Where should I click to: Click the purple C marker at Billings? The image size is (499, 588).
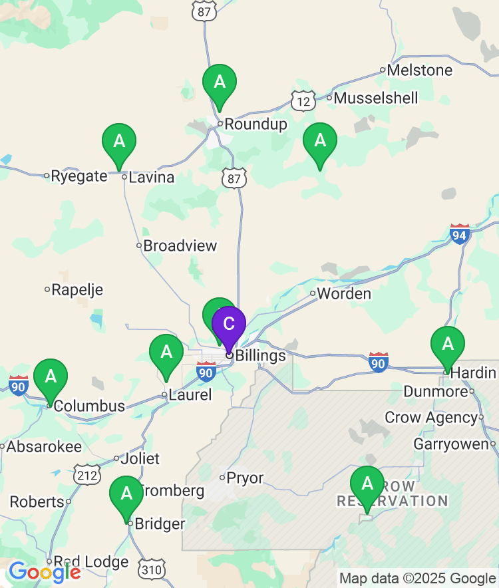tap(229, 324)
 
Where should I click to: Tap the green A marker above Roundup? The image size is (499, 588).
tap(219, 82)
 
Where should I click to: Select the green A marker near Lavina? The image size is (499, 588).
tap(119, 141)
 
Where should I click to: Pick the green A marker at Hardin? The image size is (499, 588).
tap(448, 344)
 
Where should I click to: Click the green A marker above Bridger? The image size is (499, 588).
tap(126, 494)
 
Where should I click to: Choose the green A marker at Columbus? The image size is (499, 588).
tap(51, 376)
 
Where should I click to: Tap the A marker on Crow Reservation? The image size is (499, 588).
tap(367, 484)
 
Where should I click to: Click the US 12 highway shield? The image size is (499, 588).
tap(303, 100)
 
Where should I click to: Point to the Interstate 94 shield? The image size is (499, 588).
tap(460, 234)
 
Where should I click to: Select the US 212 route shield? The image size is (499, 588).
tap(88, 474)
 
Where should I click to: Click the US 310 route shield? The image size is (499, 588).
tap(152, 569)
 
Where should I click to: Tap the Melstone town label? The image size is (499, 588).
tap(419, 70)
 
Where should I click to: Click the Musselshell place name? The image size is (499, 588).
tap(376, 98)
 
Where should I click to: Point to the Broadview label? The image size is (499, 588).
tap(180, 246)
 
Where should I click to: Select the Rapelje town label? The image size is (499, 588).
tap(77, 290)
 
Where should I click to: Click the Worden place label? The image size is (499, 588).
tap(343, 293)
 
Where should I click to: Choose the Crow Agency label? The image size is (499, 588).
tap(431, 418)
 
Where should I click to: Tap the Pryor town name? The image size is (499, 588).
tap(245, 478)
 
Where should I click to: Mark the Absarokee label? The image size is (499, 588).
tap(44, 447)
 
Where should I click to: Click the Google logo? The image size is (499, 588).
tap(45, 571)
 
